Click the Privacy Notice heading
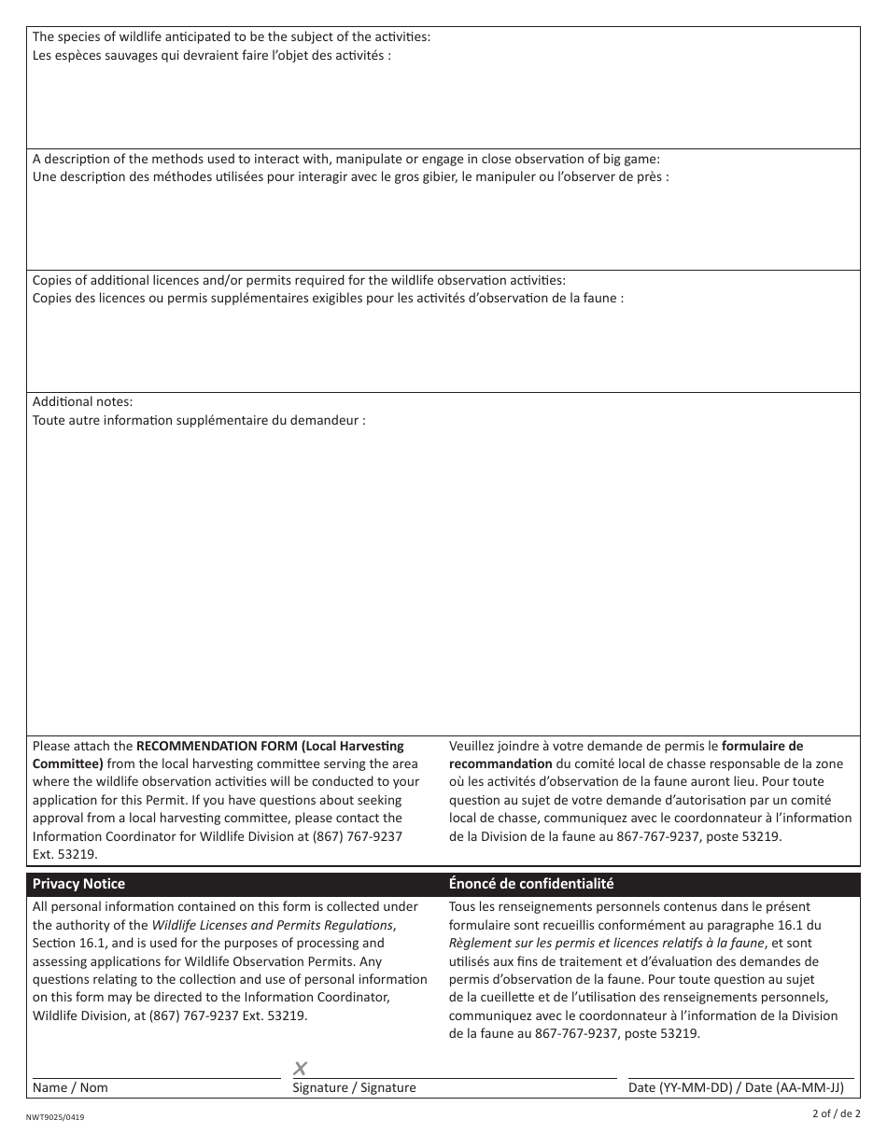coord(78,884)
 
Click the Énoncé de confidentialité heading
coord(531,884)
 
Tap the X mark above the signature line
coord(300,1069)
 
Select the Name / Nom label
coord(70,1087)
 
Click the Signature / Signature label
coord(354,1087)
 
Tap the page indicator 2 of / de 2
coord(837,1113)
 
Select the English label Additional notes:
coord(83,401)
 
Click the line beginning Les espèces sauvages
coord(212,55)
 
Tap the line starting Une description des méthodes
coord(350,176)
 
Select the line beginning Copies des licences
coord(328,298)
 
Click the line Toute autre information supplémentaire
coord(199,420)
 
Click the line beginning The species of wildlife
coord(232,37)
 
